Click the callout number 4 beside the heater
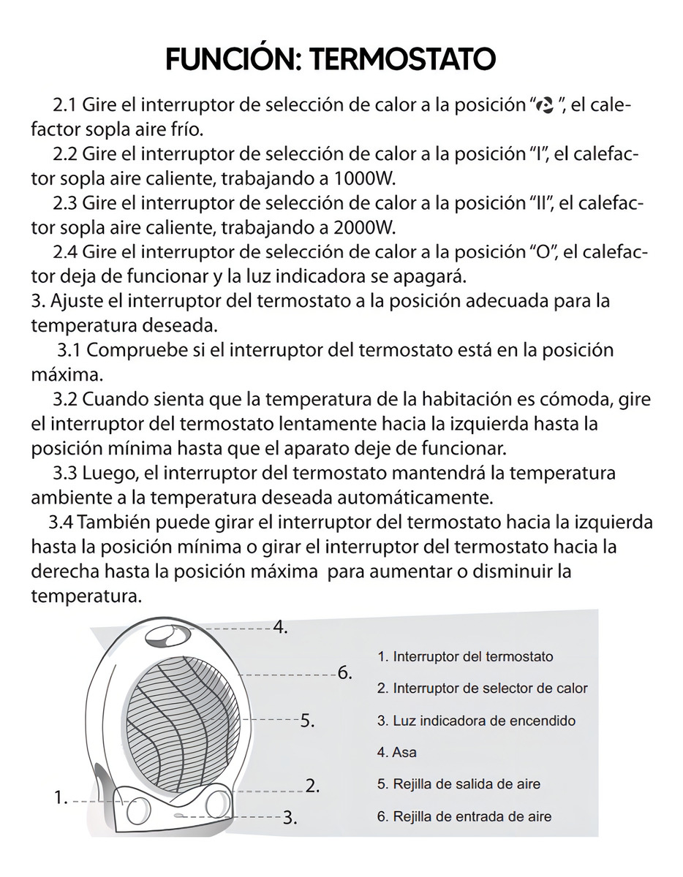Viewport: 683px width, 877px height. pos(280,626)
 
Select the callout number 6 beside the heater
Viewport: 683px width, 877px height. pos(345,672)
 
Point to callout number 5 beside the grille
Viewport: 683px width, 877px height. pos(307,721)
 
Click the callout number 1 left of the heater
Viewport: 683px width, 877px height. pos(61,797)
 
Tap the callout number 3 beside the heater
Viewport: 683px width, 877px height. pos(290,817)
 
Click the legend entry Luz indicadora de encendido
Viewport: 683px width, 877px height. pos(476,721)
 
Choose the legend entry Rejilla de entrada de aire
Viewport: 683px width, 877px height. pos(464,816)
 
